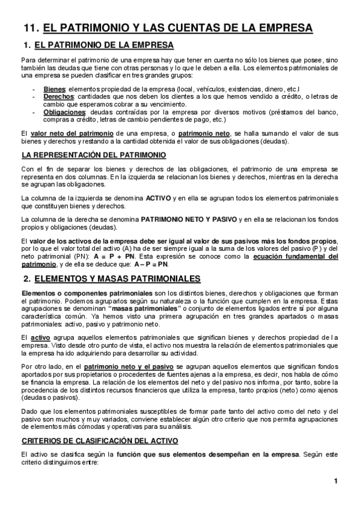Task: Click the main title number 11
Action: click(x=31, y=28)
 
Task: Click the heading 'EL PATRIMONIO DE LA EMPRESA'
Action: click(x=105, y=45)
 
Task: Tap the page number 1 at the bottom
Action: click(x=336, y=481)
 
